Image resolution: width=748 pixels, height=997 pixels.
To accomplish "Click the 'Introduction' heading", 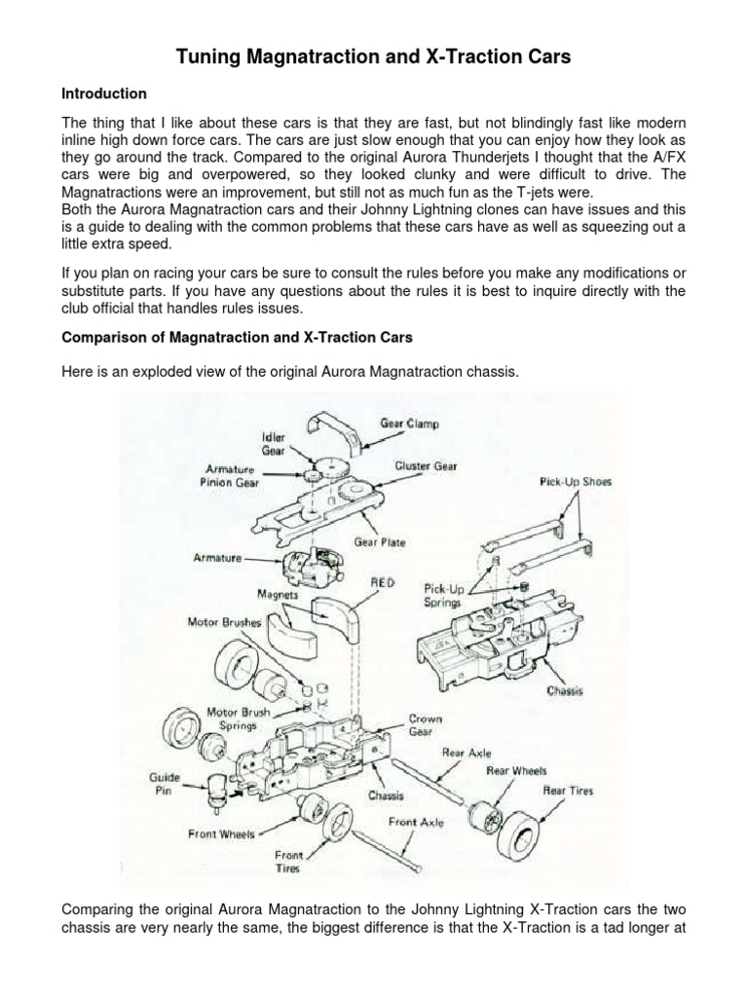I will click(x=104, y=93).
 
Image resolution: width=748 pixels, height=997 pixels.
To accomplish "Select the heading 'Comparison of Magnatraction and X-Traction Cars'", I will click(x=238, y=338).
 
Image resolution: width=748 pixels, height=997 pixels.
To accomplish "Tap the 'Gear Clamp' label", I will click(x=408, y=425).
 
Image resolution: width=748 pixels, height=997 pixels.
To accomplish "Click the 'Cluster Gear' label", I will click(x=426, y=466).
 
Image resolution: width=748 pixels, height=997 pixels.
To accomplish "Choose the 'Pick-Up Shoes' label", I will click(x=575, y=481).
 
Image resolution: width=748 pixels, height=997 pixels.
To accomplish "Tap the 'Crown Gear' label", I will click(x=426, y=725).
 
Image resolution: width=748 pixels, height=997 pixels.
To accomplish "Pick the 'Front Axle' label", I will click(x=417, y=822).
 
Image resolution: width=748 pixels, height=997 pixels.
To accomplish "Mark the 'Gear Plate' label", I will click(x=381, y=541).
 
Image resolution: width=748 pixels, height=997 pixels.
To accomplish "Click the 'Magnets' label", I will click(x=278, y=593).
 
